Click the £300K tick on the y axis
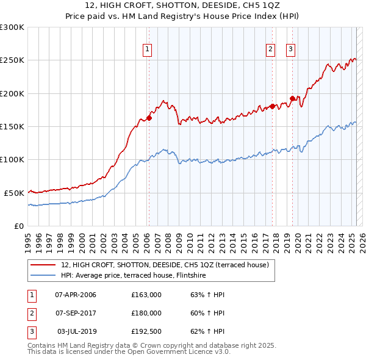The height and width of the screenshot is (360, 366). coord(12,27)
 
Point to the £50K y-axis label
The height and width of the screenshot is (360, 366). coord(14,193)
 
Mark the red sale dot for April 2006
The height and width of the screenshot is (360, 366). coord(149,118)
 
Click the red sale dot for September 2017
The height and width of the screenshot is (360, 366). coord(272,107)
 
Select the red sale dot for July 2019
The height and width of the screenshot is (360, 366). coord(292,98)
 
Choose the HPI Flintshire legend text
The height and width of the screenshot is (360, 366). coord(134,275)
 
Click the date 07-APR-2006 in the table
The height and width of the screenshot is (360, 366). coord(76,295)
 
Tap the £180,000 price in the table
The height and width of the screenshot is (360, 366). coord(146,313)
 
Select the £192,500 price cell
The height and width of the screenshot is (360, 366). coord(146,331)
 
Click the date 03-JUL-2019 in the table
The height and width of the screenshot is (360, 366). coord(76,331)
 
